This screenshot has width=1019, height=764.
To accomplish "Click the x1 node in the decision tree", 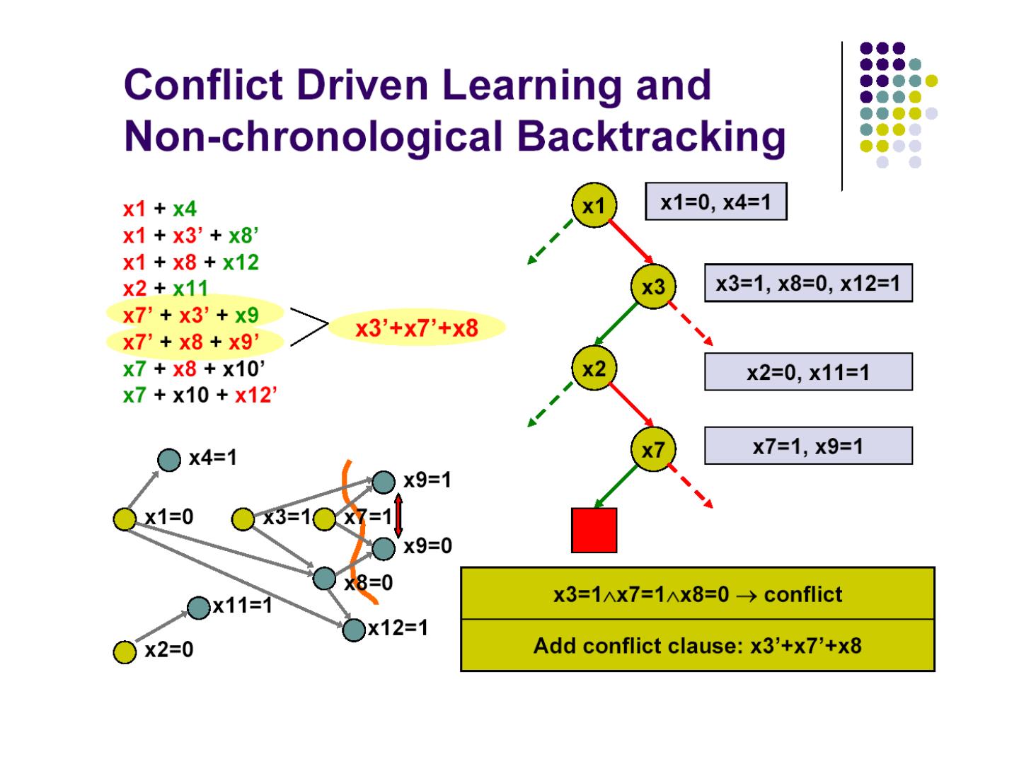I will pos(594,205).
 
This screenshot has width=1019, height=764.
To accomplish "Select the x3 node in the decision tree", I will pos(653,286).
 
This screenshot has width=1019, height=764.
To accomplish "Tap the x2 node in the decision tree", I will pos(594,369).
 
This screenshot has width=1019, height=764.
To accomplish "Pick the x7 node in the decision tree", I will pos(653,449).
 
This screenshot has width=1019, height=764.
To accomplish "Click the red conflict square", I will pos(594,530).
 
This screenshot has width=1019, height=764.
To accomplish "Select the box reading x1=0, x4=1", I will pos(715,202).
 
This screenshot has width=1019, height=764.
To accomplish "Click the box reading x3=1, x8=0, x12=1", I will pos(808,283).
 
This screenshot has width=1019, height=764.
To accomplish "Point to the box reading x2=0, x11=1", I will pos(808,372).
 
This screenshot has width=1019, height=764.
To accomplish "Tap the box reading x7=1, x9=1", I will pos(808,446).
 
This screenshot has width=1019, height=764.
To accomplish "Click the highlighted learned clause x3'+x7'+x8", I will pos(417,328).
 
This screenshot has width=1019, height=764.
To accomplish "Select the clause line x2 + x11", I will pos(166,289).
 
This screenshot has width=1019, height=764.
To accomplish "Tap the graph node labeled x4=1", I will pos(169,460).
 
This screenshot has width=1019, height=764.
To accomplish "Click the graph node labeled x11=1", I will pos(200,607).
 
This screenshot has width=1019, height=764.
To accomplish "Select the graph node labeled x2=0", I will pos(125,652).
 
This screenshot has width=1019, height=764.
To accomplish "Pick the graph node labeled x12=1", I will pos(353,629).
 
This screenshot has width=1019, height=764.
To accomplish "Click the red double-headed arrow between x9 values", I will pos(398,515).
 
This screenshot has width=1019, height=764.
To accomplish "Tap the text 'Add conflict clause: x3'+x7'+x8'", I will pos(697,646).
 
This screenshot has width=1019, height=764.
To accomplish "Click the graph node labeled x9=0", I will pos(383,548).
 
